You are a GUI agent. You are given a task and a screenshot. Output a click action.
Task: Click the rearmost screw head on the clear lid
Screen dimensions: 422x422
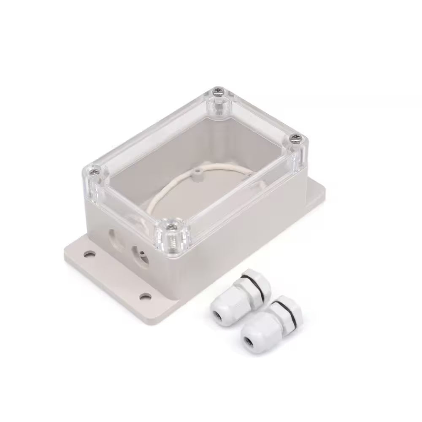(219, 89)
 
